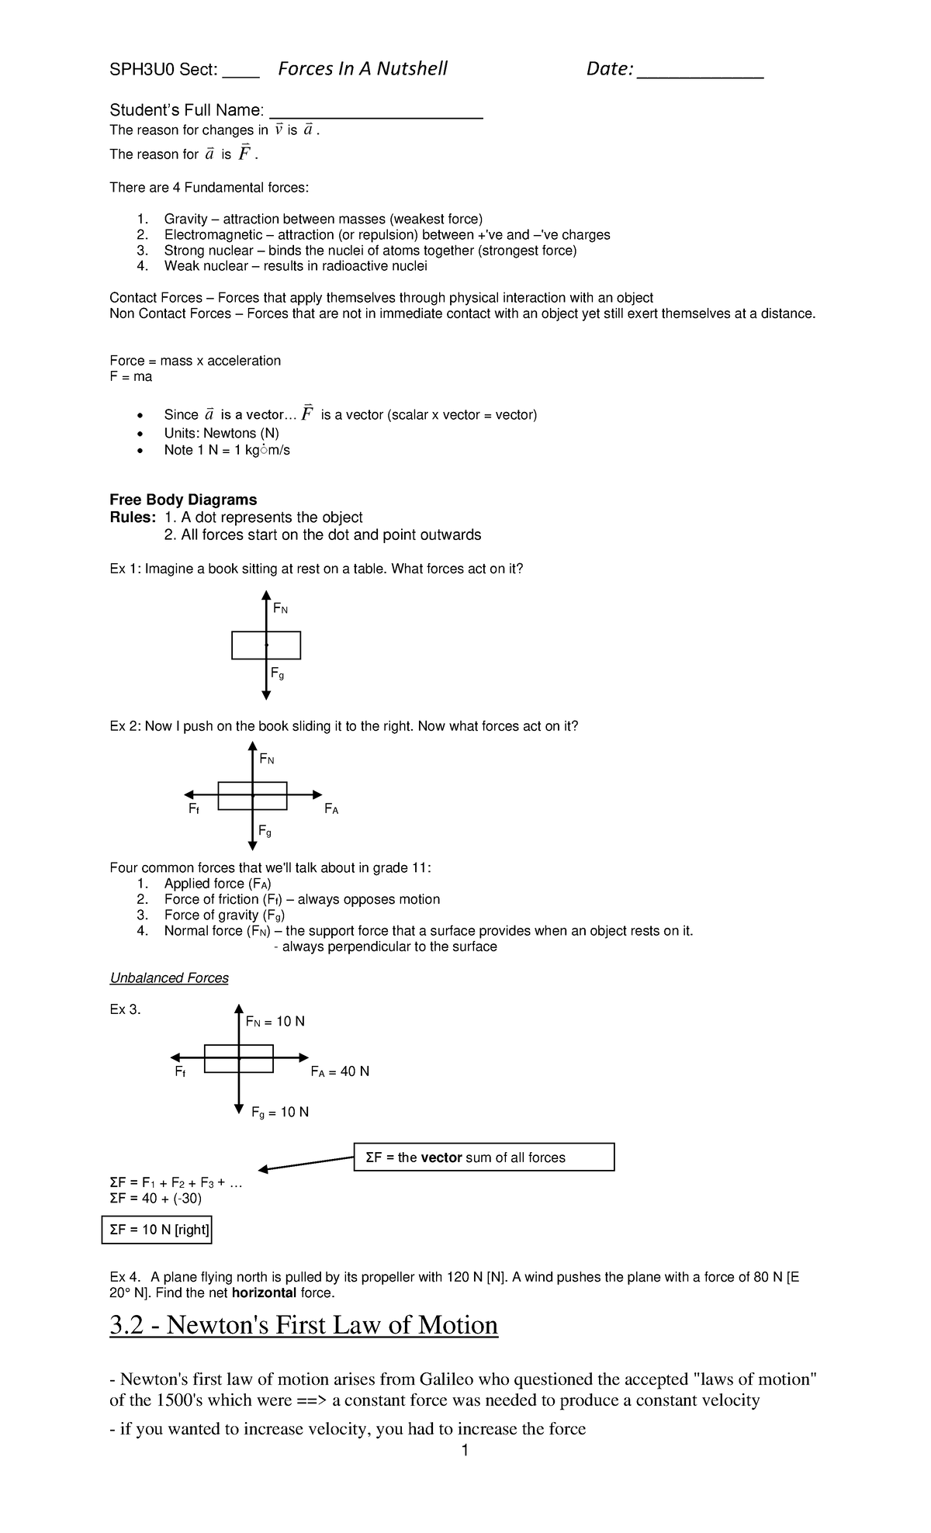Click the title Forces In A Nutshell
362,69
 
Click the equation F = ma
131,376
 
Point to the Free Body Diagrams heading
183,500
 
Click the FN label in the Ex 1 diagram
280,608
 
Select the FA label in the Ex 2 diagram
331,809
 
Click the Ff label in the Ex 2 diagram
194,809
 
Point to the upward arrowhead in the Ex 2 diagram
252,747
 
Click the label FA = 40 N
340,1071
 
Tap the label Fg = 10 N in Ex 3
280,1113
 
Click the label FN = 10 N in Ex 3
275,1022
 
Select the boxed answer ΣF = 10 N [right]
157,1230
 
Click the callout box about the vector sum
484,1157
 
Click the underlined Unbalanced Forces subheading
169,978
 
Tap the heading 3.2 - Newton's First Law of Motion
303,1325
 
